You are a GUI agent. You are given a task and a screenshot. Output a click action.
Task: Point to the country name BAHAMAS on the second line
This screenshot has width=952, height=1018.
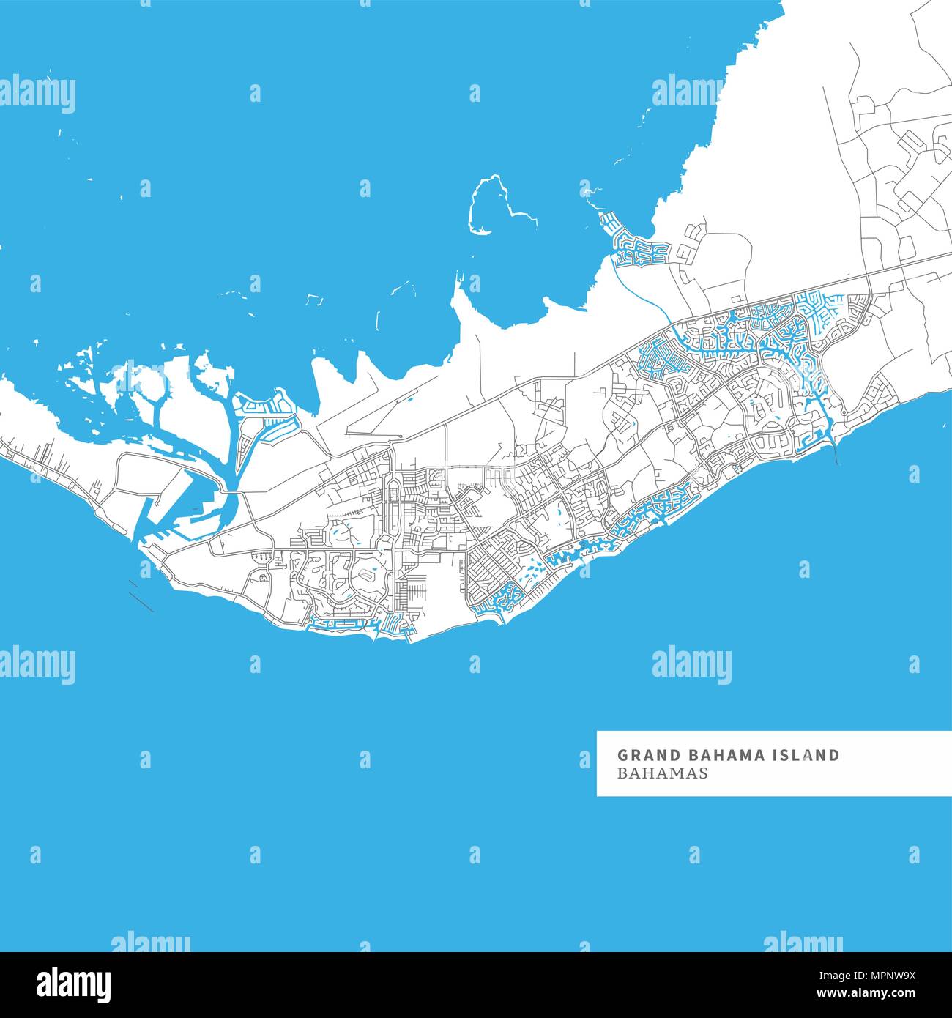tap(662, 773)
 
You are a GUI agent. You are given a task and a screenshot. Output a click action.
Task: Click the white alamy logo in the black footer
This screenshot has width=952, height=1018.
tap(74, 984)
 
